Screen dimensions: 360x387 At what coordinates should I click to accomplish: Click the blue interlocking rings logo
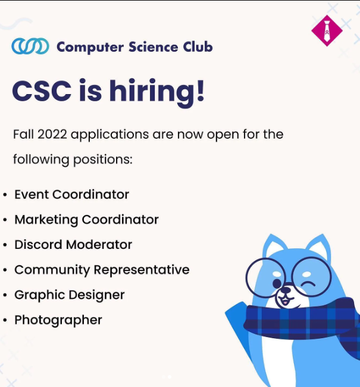point(30,46)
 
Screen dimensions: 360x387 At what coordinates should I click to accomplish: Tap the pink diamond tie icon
point(327,30)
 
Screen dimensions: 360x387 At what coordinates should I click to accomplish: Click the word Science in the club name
point(154,46)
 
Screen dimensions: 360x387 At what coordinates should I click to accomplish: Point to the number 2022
point(52,135)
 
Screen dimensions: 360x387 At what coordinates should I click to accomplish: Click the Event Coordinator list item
point(71,195)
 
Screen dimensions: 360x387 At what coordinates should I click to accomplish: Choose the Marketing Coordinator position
point(86,220)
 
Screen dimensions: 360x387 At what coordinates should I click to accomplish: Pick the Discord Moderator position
point(73,245)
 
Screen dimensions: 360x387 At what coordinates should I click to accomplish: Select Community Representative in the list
point(102,270)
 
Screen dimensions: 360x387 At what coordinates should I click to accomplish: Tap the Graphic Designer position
point(70,295)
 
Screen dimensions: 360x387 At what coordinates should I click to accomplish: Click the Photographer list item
point(58,320)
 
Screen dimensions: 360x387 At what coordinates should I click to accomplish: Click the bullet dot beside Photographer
point(5,320)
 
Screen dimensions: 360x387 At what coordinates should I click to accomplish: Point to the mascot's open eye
point(277,283)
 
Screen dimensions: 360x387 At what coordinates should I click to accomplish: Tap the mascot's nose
point(286,290)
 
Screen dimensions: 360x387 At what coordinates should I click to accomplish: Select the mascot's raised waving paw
point(237,319)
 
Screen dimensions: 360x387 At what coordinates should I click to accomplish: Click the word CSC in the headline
point(42,91)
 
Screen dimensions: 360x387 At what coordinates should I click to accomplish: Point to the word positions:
point(103,160)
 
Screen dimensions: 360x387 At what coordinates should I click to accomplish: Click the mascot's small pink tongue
point(285,302)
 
